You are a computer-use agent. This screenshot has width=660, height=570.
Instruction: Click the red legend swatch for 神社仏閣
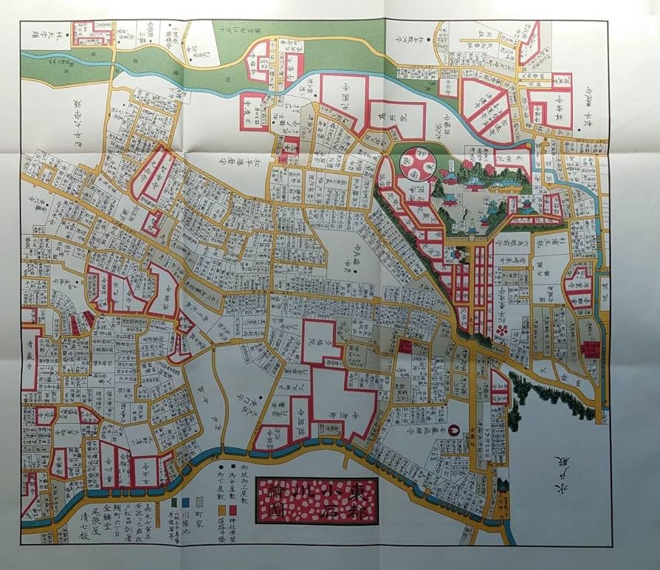[233, 509]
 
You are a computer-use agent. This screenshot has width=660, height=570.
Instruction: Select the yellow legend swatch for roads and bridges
[221, 509]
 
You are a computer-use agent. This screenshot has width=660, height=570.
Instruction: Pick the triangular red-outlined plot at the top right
[530, 43]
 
